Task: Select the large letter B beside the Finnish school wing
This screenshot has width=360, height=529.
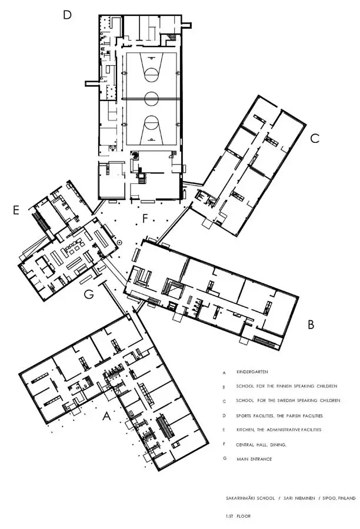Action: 311,324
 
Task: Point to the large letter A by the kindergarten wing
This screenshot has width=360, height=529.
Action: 106,417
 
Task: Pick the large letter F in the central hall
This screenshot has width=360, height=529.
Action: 145,219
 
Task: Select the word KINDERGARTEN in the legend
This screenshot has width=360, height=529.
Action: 252,372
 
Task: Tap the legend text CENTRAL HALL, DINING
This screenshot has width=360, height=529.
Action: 261,445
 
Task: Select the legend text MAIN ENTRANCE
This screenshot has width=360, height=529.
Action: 254,459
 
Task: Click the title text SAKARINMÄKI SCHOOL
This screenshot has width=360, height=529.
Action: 250,498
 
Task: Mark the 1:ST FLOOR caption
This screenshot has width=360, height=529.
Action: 238,516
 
